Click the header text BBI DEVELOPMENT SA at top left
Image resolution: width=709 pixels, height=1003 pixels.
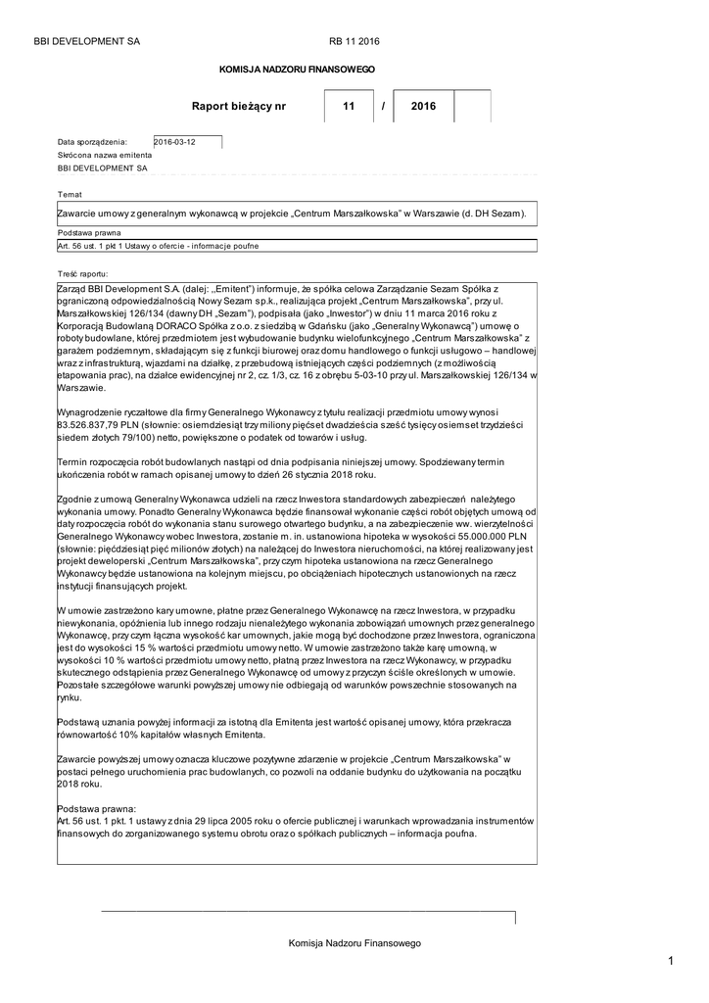tap(86, 41)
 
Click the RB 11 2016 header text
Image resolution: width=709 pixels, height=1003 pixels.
tap(354, 41)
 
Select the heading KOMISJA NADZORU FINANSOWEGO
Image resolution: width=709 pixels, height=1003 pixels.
tap(296, 71)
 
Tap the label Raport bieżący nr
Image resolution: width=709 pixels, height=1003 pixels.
tap(240, 106)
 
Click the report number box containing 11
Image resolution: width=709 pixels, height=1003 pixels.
tap(349, 106)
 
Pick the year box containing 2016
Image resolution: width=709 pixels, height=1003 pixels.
tap(424, 106)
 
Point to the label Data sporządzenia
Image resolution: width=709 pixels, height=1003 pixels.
tap(92, 142)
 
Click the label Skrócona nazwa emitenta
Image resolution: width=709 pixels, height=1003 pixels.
tap(105, 155)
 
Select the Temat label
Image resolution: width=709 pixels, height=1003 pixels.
tap(71, 194)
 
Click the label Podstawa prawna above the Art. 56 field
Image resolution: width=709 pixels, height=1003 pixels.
tap(89, 233)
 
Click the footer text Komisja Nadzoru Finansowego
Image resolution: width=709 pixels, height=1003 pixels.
tap(354, 942)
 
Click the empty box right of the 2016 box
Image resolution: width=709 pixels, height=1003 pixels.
tap(472, 106)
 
